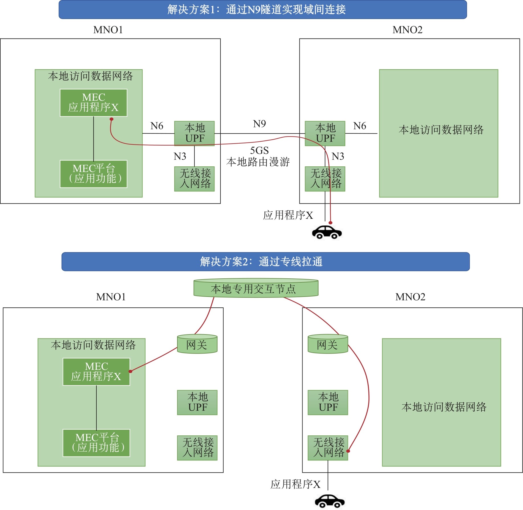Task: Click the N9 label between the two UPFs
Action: tap(259, 124)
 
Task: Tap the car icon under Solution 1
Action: tap(327, 232)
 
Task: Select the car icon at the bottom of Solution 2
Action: tap(330, 501)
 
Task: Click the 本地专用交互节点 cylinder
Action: tap(256, 288)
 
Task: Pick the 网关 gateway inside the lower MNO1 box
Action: tap(197, 344)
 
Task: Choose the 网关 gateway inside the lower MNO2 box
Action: tap(328, 344)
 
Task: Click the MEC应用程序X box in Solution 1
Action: tap(94, 103)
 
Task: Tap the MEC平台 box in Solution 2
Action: tap(96, 443)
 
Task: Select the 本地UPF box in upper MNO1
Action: tap(194, 133)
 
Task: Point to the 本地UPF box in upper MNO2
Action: tap(325, 133)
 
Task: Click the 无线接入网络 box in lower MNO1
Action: tap(197, 448)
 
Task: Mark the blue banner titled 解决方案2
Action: tap(265, 262)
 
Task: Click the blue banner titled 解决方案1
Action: tap(263, 10)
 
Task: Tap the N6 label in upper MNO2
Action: tap(360, 126)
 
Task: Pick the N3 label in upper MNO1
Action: tap(180, 156)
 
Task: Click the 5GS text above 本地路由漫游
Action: tap(259, 150)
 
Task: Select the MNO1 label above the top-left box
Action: tap(108, 30)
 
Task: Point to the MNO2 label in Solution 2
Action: tap(410, 297)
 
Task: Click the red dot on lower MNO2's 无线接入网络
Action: tap(348, 451)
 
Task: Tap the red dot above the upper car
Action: tap(331, 223)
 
